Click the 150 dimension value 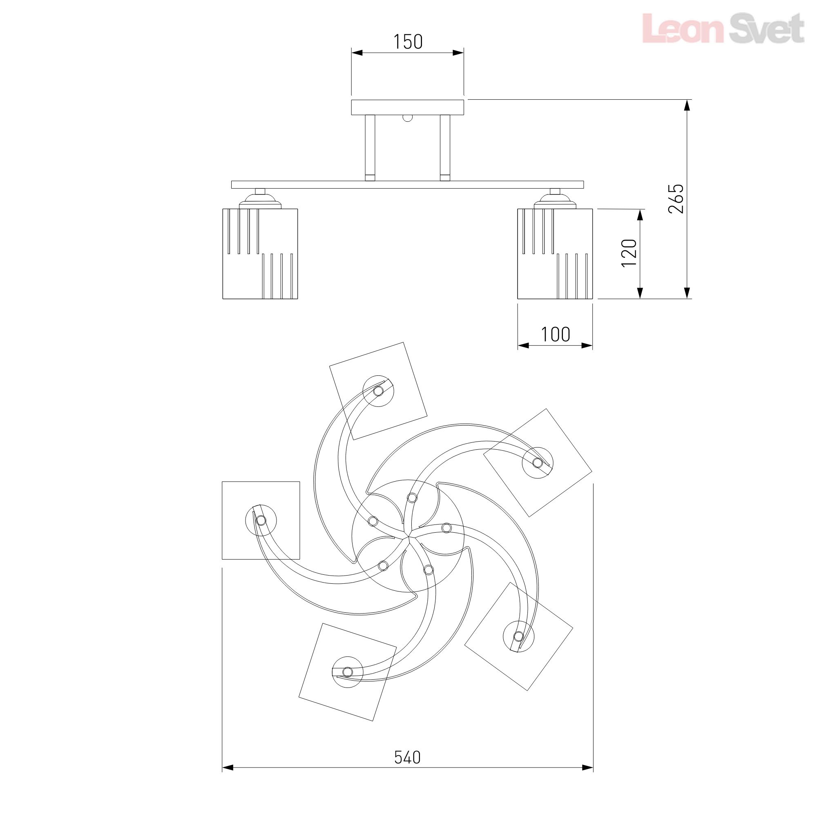point(408,42)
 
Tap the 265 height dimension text point(676,199)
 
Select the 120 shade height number point(629,253)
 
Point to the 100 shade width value point(556,335)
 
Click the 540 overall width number point(408,757)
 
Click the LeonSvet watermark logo point(723,28)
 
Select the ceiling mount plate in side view point(408,107)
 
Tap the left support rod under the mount point(370,148)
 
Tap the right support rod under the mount point(445,148)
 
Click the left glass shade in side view point(260,254)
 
